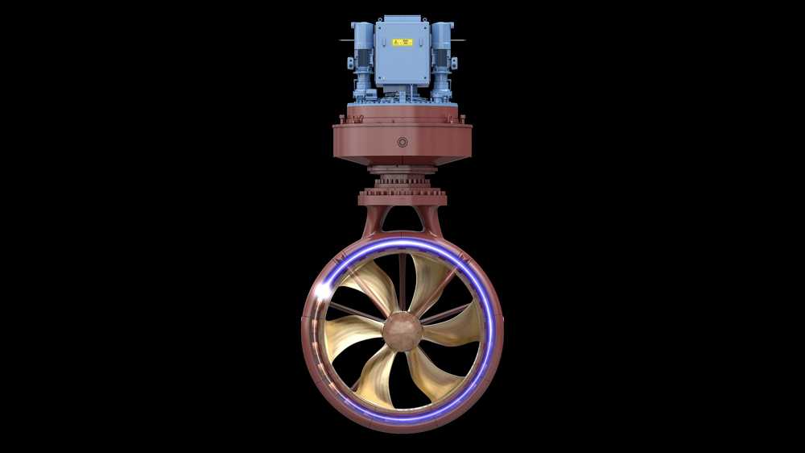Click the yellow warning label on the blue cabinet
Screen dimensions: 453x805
402,42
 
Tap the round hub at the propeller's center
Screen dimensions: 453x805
402,331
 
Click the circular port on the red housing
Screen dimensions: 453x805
402,143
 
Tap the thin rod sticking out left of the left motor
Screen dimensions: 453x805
345,39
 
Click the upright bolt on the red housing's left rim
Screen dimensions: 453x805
338,119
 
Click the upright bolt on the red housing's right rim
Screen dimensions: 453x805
466,119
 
